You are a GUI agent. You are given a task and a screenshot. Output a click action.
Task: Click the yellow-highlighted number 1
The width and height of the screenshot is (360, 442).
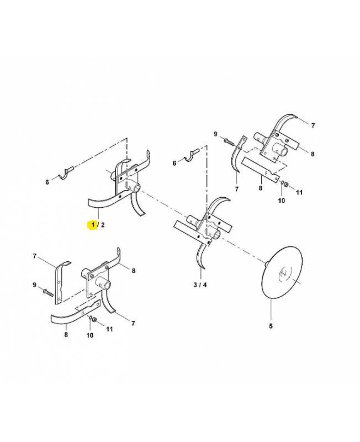coord(93,225)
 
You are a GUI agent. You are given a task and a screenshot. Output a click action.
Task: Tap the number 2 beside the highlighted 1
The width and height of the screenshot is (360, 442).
coord(103,225)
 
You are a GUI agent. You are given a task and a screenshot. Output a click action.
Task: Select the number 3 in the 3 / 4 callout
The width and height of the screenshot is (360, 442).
coord(195,285)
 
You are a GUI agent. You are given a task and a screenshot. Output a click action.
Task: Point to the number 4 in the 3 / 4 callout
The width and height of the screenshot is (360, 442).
coord(204,285)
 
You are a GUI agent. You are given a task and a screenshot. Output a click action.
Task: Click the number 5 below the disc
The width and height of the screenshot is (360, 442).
coord(271,326)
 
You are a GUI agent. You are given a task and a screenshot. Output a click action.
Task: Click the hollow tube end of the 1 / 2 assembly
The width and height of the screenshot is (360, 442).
coord(136,187)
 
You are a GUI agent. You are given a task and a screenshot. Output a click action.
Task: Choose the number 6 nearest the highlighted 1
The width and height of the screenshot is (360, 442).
coord(47,182)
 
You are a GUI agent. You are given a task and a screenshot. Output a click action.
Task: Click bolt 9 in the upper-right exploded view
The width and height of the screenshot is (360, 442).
coord(229,142)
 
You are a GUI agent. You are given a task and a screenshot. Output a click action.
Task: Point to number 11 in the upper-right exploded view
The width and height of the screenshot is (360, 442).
coord(299,192)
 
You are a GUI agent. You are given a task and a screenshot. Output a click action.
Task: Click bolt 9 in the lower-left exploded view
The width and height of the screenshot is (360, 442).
coord(48,292)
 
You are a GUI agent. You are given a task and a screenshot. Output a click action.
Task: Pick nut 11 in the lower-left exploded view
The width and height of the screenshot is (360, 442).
coord(94,320)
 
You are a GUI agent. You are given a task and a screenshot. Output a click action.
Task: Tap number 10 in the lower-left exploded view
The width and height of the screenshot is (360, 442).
coord(90,335)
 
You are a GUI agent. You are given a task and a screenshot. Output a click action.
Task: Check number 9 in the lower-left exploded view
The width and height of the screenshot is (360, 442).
coord(34,285)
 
